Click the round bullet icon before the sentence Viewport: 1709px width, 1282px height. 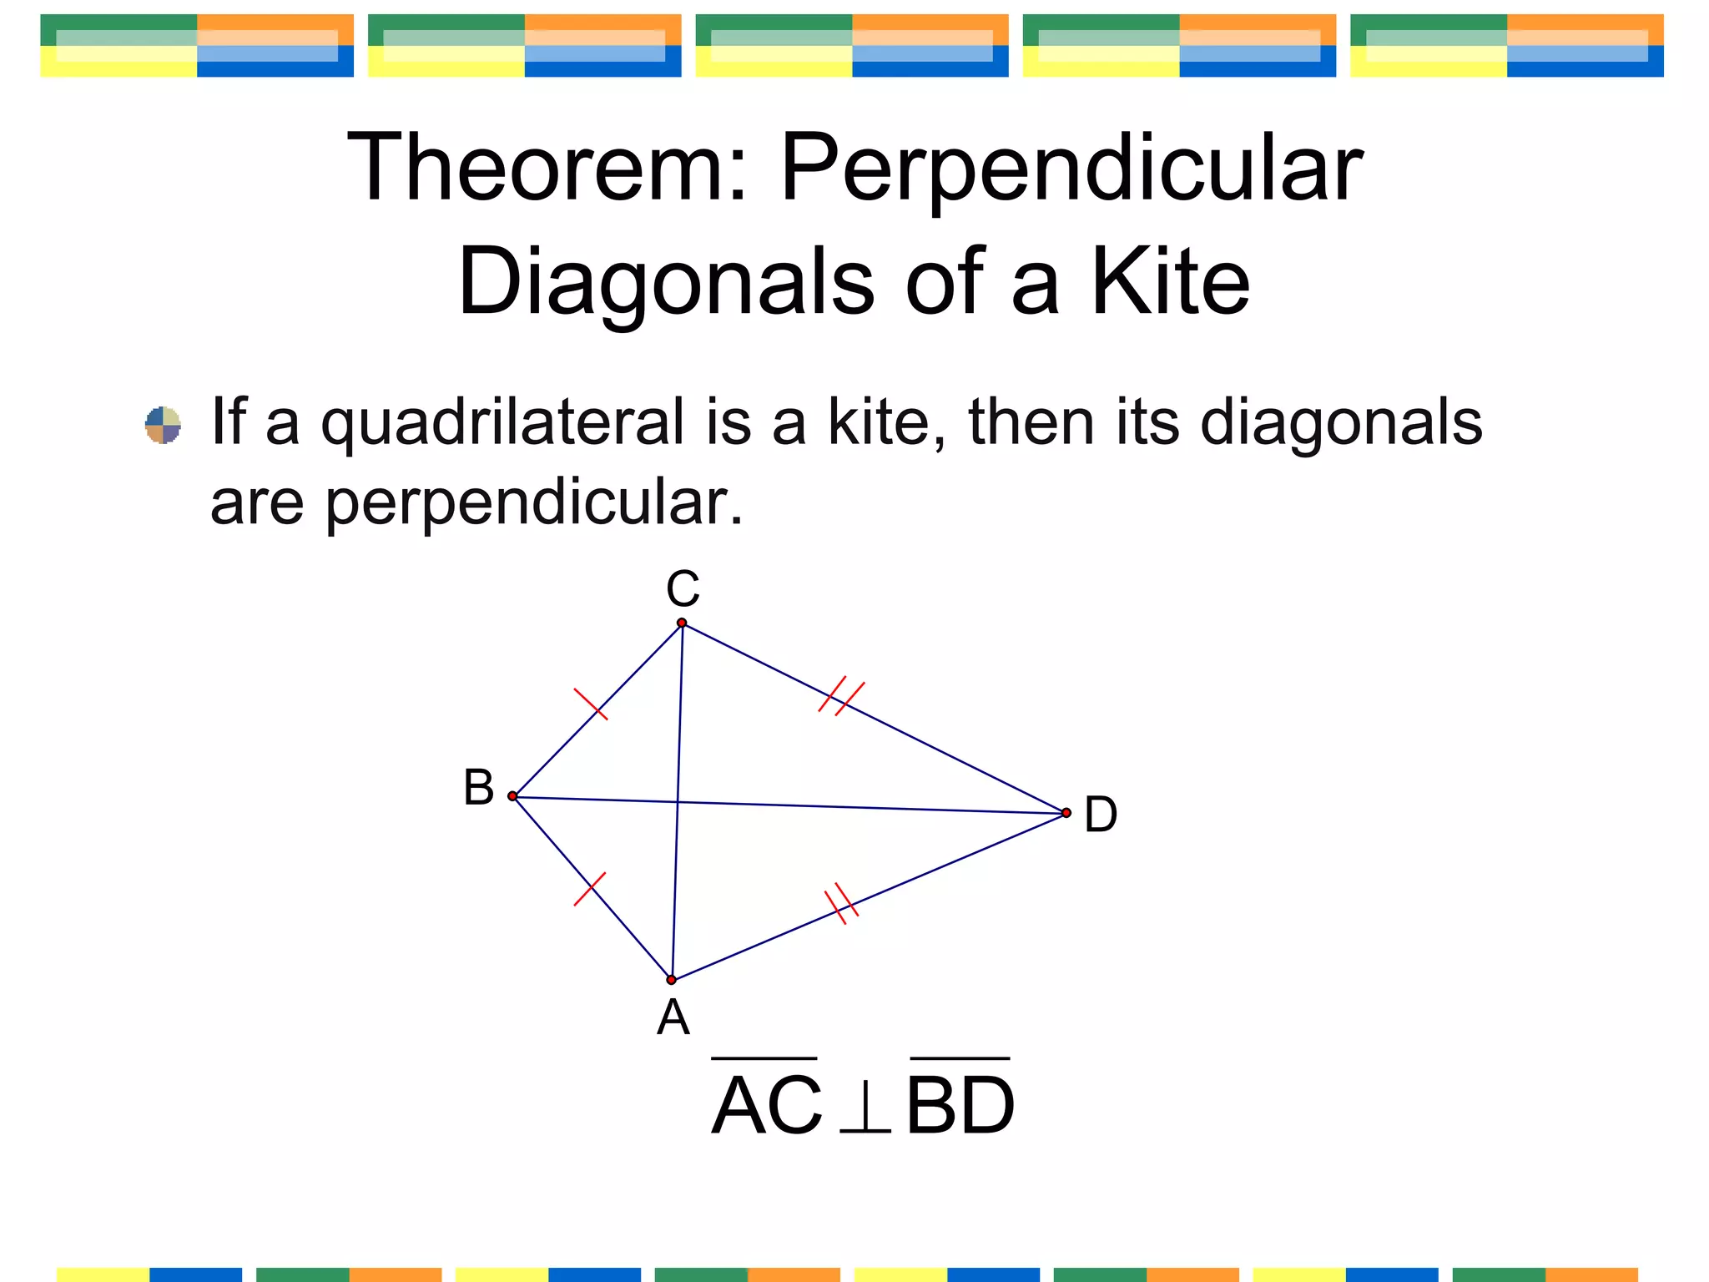tap(163, 425)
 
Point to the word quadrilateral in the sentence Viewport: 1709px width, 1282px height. tap(503, 423)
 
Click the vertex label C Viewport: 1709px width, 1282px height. tap(683, 589)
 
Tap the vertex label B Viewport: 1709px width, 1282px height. tap(479, 788)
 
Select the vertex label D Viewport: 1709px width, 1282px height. tap(1100, 815)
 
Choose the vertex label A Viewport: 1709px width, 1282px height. tap(673, 1018)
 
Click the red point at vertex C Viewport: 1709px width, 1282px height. tap(682, 623)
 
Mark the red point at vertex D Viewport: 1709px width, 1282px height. tap(1066, 813)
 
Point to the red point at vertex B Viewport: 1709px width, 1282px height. tap(512, 796)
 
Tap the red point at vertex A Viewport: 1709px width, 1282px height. tap(671, 980)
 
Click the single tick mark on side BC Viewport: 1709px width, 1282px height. tap(591, 704)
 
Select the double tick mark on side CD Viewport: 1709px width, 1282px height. tap(841, 695)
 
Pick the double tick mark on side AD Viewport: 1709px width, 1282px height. tap(841, 903)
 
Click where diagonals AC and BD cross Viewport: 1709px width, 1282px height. tap(678, 802)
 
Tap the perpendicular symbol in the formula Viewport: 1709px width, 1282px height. tap(865, 1108)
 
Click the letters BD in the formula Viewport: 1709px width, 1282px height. tap(960, 1106)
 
